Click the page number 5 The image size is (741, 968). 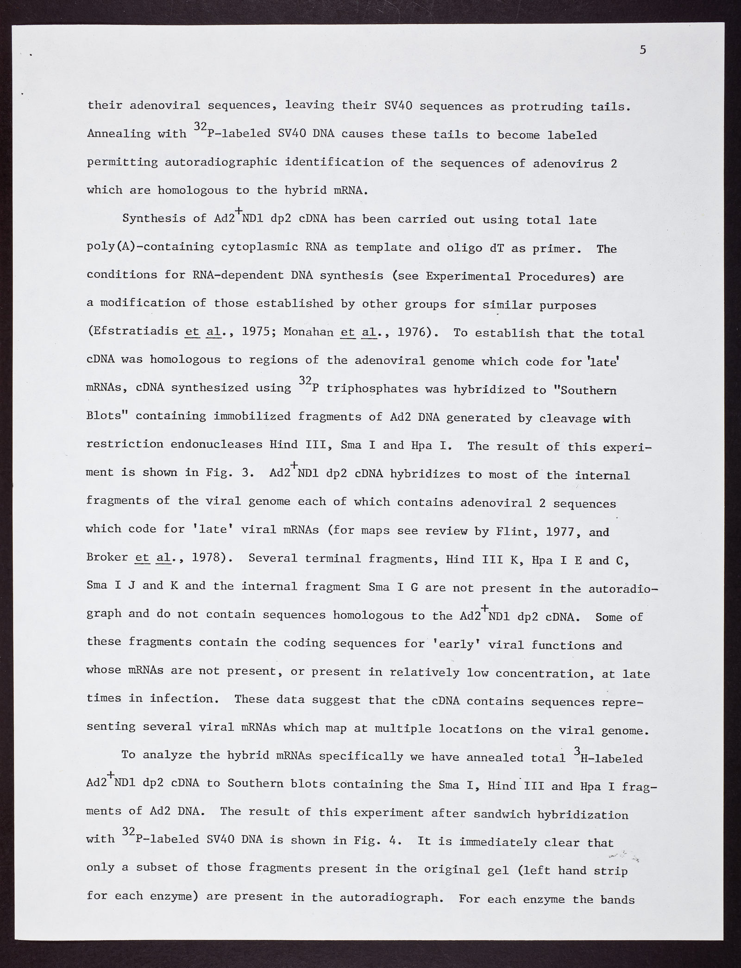point(643,50)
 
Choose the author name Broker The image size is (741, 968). point(107,557)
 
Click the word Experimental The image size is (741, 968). point(468,276)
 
